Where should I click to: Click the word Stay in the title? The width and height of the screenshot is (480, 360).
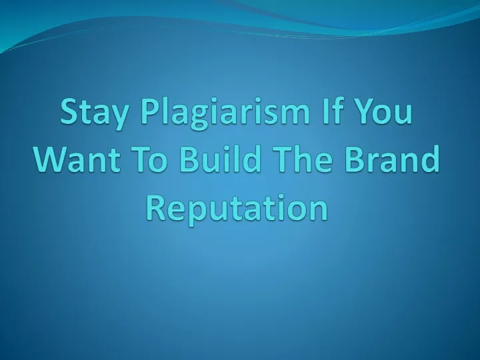pos(94,113)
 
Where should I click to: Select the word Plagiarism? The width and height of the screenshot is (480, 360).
pos(225,113)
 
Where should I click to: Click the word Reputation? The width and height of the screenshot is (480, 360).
pos(237,209)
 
